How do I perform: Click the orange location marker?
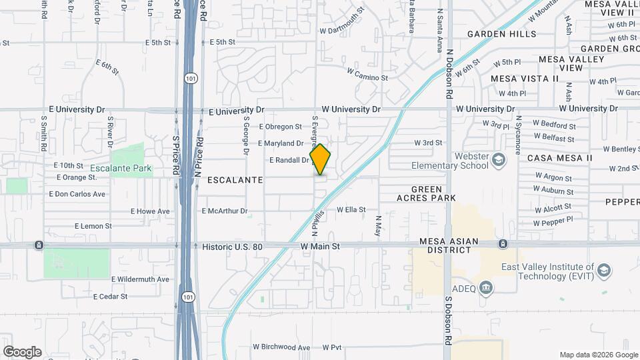click(321, 159)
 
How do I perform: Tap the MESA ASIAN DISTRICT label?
click(446, 245)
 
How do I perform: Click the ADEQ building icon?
click(487, 287)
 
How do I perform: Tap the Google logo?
click(22, 351)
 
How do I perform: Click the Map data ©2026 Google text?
click(598, 355)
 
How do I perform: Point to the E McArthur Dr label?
click(225, 211)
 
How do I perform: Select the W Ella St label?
click(351, 209)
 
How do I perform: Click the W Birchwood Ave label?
click(281, 347)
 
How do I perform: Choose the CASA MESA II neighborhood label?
click(559, 158)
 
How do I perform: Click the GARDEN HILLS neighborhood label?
click(501, 33)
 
